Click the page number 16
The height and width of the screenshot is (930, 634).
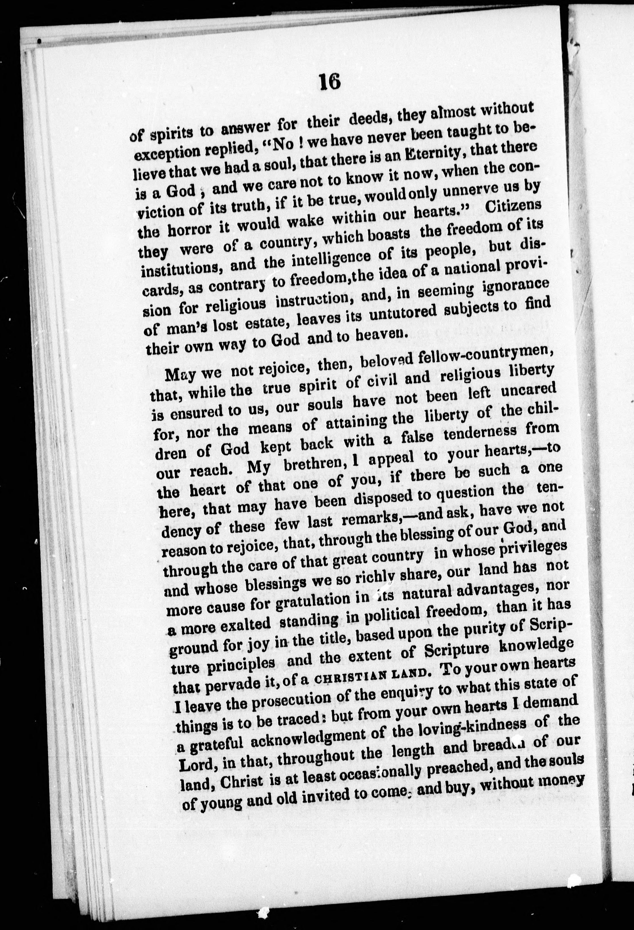pos(330,83)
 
